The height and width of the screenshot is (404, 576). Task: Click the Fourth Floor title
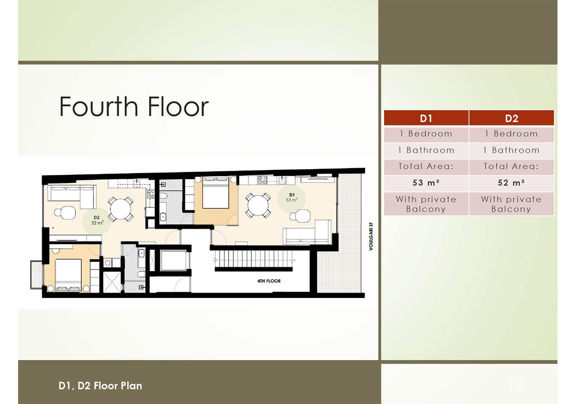pos(134,106)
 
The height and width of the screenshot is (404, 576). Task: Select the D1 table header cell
pos(426,118)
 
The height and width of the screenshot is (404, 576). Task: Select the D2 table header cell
pos(512,118)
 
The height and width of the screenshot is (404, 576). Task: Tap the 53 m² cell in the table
pos(426,183)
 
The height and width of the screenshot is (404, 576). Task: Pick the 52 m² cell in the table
pos(512,183)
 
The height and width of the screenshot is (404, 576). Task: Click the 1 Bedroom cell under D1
pos(426,134)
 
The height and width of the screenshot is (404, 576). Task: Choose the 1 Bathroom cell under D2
pos(512,151)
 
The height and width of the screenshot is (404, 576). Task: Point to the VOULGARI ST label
pos(371,236)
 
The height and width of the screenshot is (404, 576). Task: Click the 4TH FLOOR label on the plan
pos(269,281)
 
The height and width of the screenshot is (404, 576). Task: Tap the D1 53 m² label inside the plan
pos(292,198)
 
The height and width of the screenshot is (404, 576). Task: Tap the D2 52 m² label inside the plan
pos(97,220)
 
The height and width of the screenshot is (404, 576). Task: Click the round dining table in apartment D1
pos(258,205)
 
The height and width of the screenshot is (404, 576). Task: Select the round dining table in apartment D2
pos(120,209)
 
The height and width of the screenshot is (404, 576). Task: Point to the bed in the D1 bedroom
pos(216,193)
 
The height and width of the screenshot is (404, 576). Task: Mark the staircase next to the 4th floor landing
pos(253,260)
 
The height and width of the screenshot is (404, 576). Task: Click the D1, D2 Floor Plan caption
pos(100,386)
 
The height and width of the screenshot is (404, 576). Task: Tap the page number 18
pos(516,385)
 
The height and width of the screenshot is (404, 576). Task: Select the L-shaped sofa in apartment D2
pos(72,196)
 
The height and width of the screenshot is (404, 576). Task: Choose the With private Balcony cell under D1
pos(426,204)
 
